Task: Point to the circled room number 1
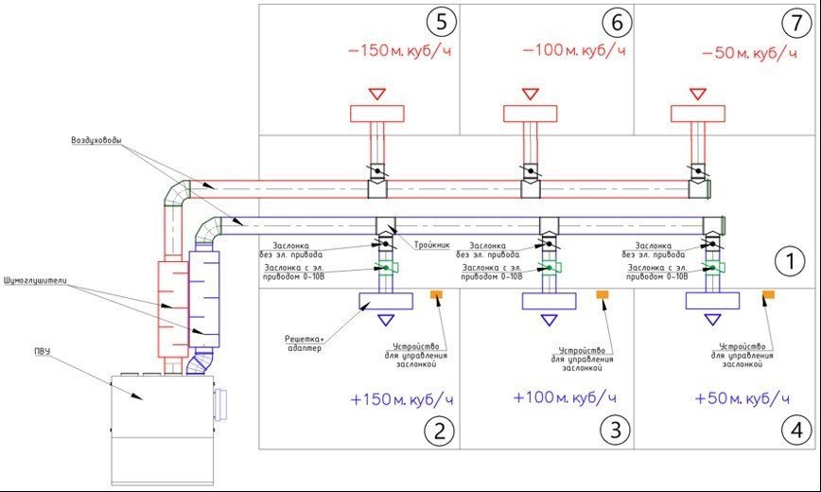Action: click(788, 258)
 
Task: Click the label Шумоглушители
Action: click(36, 282)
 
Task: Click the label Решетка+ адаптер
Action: click(303, 343)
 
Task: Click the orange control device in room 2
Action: click(438, 296)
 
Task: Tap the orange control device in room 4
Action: click(770, 296)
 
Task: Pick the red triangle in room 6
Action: click(529, 94)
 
